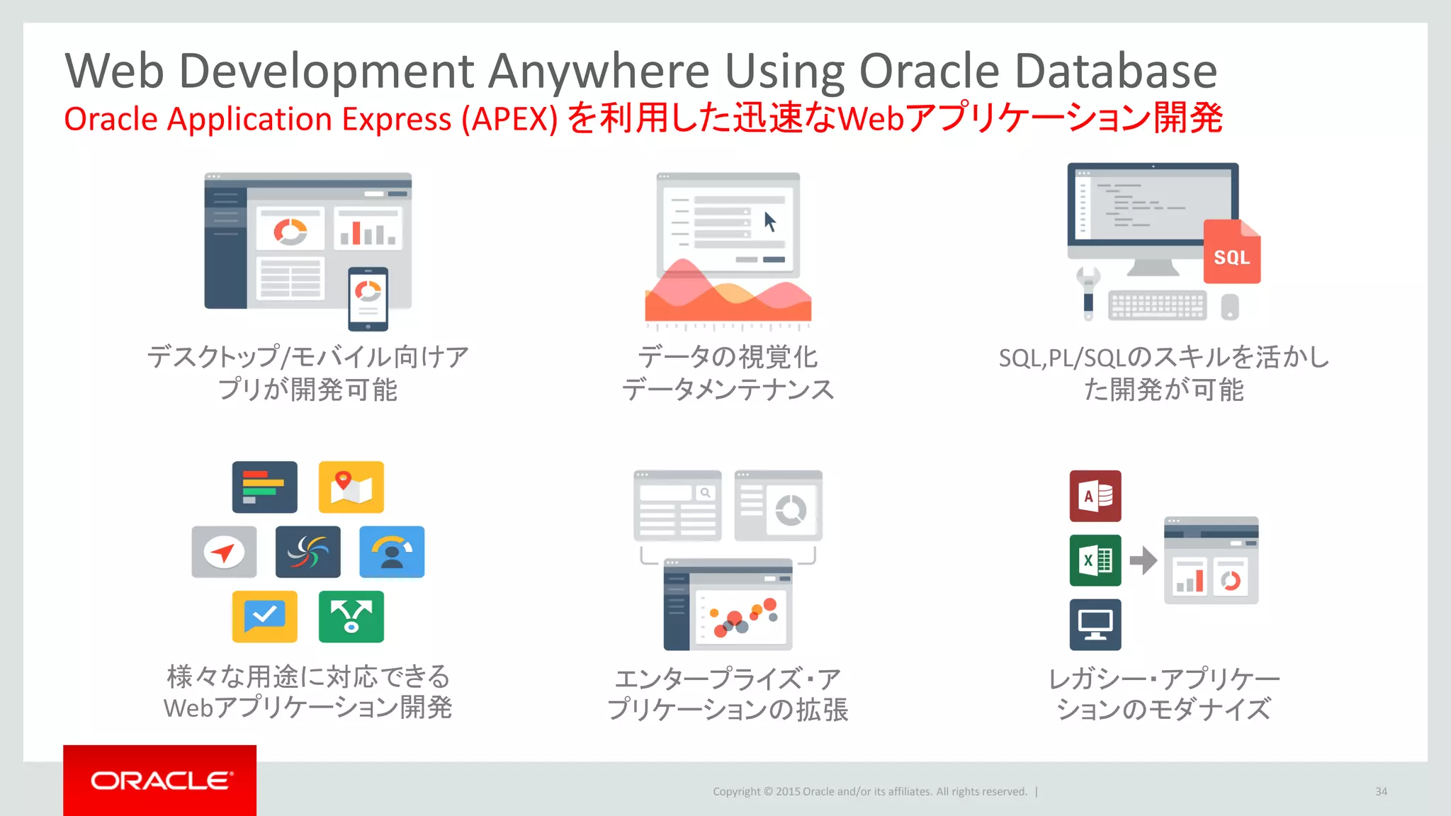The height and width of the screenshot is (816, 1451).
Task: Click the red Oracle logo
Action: pos(160,780)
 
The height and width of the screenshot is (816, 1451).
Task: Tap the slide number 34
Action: pos(1381,791)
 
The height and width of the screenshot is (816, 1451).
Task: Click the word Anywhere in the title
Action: pos(599,71)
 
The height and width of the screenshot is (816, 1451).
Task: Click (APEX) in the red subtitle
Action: pos(509,119)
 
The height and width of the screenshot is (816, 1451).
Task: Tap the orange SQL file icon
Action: pos(1231,253)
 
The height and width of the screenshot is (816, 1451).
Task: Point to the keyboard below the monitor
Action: pos(1156,305)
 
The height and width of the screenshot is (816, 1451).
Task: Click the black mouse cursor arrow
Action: pos(770,222)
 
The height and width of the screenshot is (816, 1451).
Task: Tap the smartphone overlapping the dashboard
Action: pos(368,298)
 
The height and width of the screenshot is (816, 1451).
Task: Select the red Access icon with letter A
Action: pos(1095,496)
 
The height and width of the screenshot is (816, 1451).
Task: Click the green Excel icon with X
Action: pos(1095,560)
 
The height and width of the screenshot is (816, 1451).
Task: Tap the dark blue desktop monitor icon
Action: pos(1095,625)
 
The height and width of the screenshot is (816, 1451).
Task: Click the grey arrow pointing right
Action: pos(1142,560)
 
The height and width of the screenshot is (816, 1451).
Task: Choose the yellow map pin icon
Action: pos(351,487)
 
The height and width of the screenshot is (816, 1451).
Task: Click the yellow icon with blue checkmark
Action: pos(264,616)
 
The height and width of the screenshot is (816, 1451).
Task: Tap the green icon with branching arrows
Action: pos(351,616)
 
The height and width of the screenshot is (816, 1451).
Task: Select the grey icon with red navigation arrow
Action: pos(224,552)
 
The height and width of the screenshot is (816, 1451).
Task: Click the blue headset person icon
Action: pos(391,552)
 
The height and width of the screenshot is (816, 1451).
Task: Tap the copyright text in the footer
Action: pos(869,791)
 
